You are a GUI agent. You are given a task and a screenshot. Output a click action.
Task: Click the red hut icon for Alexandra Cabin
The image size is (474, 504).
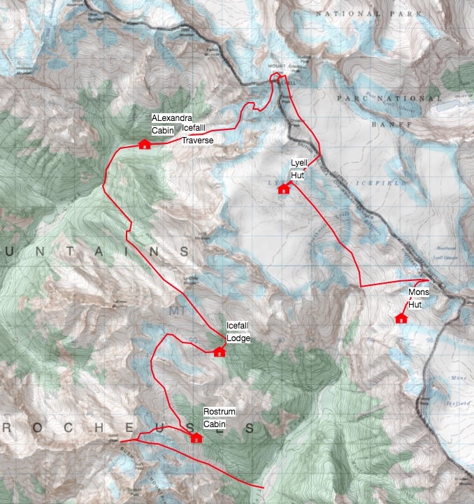pyautogui.click(x=145, y=145)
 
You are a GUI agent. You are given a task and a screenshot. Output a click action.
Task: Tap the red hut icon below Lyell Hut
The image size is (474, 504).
pyautogui.click(x=283, y=189)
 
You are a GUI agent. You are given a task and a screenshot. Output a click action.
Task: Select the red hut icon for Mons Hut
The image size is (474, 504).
pyautogui.click(x=401, y=319)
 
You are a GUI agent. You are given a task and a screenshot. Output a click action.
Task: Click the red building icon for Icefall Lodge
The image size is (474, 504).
pyautogui.click(x=219, y=352)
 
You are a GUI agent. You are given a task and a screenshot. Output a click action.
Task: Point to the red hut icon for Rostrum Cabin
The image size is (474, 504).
pyautogui.click(x=196, y=438)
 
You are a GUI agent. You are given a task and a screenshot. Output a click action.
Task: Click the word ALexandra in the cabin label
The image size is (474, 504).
pyautogui.click(x=171, y=118)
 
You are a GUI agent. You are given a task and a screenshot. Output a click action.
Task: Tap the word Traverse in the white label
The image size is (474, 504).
pyautogui.click(x=196, y=140)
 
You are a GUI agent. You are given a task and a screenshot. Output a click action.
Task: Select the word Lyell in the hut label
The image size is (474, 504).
pyautogui.click(x=299, y=162)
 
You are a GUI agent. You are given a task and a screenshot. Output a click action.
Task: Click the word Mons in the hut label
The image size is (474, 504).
pyautogui.click(x=418, y=291)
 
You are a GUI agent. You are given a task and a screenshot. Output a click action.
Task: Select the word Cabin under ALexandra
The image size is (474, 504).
pyautogui.click(x=163, y=130)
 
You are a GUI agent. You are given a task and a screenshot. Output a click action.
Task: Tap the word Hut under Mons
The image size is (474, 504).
pyautogui.click(x=415, y=304)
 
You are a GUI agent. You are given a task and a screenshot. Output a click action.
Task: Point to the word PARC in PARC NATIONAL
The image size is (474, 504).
pyautogui.click(x=350, y=99)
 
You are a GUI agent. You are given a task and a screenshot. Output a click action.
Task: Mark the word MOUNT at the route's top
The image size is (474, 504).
pyautogui.click(x=278, y=66)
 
